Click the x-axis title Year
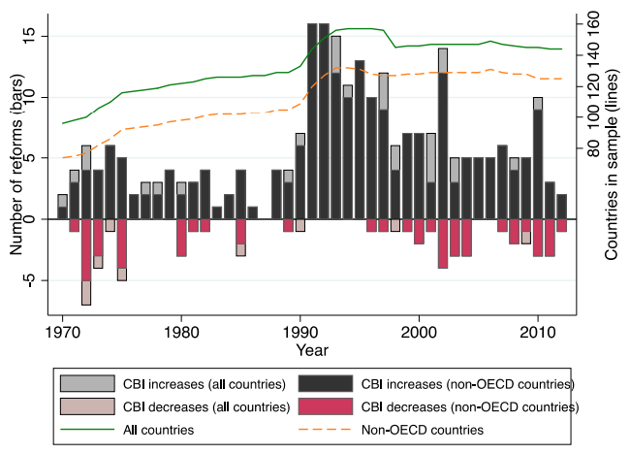312,348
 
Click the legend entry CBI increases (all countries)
170,383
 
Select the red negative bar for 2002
443,243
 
